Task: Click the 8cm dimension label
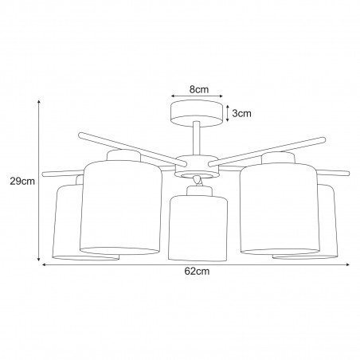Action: click(199, 89)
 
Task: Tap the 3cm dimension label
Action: click(241, 113)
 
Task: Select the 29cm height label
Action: click(22, 182)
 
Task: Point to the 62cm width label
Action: click(197, 271)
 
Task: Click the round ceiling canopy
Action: click(197, 113)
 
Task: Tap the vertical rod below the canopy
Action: click(197, 139)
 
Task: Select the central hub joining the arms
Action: click(197, 166)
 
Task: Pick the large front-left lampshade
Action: click(121, 207)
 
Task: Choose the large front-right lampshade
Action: click(279, 209)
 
